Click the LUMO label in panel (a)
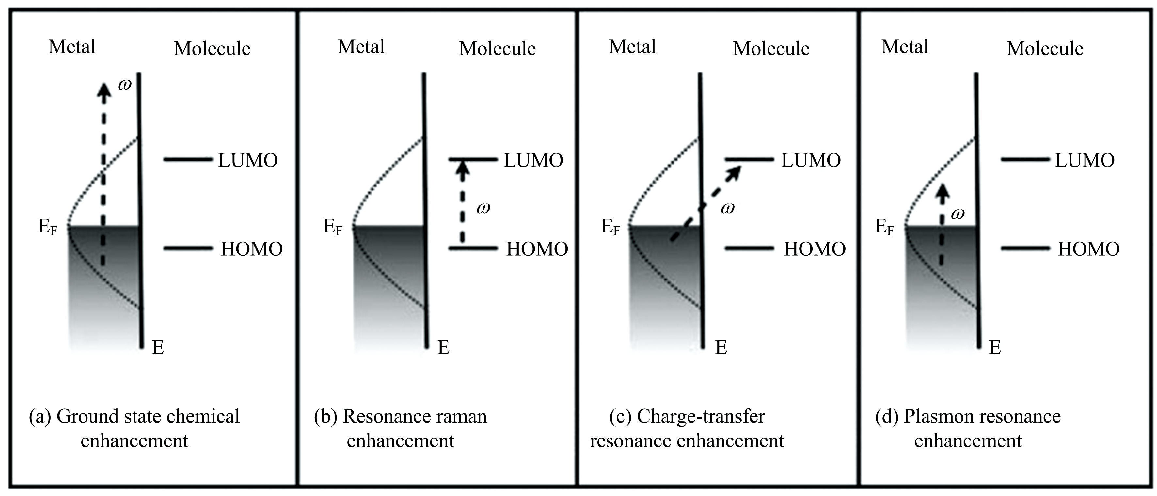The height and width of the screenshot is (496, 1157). pyautogui.click(x=248, y=160)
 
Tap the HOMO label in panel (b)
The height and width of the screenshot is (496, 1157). pyautogui.click(x=537, y=249)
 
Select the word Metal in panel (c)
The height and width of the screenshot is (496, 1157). pyautogui.click(x=632, y=46)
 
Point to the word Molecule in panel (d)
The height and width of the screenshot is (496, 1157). pyautogui.click(x=1045, y=49)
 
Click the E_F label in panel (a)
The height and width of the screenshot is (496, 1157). pyautogui.click(x=48, y=227)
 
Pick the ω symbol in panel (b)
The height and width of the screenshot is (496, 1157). pyautogui.click(x=483, y=208)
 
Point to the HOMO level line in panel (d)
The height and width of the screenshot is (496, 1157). pyautogui.click(x=1025, y=248)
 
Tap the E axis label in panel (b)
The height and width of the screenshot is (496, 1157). pyautogui.click(x=443, y=347)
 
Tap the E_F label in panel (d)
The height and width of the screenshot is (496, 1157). pyautogui.click(x=884, y=227)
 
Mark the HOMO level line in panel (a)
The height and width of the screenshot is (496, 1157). pyautogui.click(x=188, y=248)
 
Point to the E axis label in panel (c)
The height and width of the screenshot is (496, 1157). pyautogui.click(x=721, y=347)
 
